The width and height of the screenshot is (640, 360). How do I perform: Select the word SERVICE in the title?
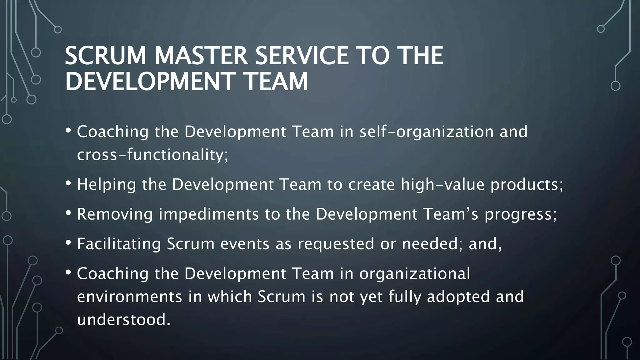[x=302, y=56]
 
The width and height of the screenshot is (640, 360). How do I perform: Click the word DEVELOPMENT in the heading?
[x=150, y=82]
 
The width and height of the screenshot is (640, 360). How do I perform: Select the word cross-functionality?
[x=152, y=155]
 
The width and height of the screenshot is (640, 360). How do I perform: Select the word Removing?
[x=115, y=214]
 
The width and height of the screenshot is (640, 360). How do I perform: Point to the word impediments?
[x=209, y=215]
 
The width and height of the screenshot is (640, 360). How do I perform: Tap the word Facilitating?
[x=119, y=244]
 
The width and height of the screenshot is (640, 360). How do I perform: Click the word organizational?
[x=414, y=274]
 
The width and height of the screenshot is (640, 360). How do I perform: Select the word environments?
[x=129, y=297]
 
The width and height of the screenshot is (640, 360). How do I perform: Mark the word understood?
[x=124, y=320]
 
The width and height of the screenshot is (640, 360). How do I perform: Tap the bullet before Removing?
[x=68, y=213]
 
